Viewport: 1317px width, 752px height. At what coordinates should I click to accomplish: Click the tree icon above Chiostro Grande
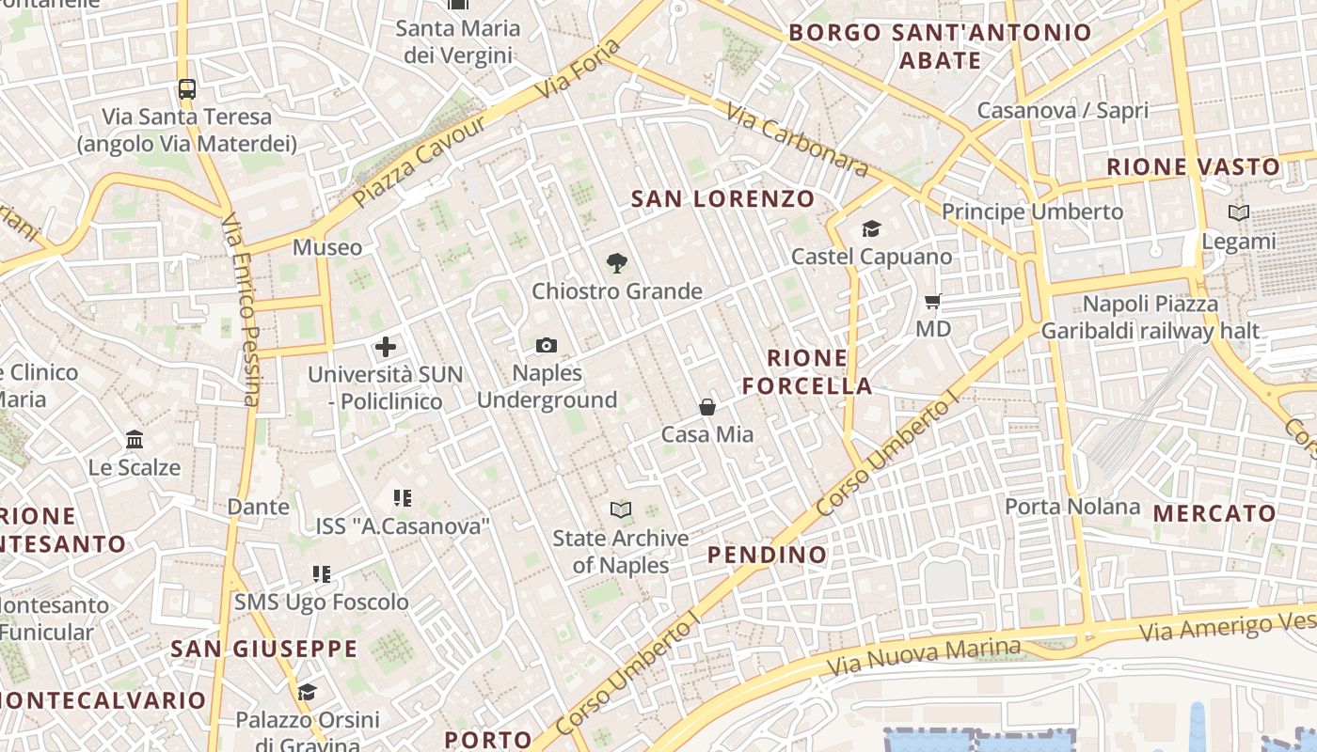pos(617,263)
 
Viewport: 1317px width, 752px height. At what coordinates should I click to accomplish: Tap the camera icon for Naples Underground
pos(547,346)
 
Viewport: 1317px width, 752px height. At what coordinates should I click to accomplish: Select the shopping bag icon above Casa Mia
pos(707,407)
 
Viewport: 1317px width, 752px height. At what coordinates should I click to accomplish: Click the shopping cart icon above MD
pos(933,302)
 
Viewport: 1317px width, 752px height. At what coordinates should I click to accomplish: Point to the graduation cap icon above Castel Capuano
pos(871,228)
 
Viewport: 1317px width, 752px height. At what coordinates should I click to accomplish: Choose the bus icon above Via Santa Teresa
pos(187,89)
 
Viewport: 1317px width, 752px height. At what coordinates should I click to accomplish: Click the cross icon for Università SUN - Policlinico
pos(386,347)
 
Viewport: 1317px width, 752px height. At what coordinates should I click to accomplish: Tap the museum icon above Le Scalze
pos(135,440)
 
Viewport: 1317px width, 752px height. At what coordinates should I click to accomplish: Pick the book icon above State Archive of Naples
pos(621,510)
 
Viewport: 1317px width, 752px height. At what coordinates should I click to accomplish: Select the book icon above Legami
pos(1239,213)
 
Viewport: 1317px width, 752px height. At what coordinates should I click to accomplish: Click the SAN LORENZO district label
pos(722,199)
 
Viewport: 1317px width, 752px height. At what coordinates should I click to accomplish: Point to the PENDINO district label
pos(768,555)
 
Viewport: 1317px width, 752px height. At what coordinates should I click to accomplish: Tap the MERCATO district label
pos(1214,514)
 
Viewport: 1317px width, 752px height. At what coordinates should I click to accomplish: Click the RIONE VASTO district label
pos(1194,167)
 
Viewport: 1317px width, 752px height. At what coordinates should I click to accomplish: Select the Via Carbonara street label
pos(797,139)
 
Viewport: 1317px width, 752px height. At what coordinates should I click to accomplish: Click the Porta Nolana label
pos(1072,508)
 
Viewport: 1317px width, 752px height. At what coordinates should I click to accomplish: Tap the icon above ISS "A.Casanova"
pos(403,498)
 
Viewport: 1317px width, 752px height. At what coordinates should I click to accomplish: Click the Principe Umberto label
pos(1032,211)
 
